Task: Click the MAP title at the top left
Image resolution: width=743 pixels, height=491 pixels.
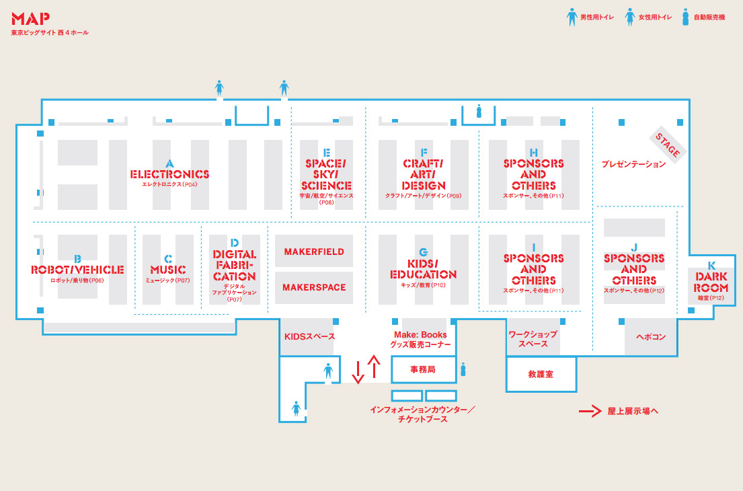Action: click(30, 19)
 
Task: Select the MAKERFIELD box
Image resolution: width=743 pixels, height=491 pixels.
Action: click(314, 252)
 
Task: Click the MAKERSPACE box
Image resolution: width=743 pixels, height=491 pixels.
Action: click(314, 287)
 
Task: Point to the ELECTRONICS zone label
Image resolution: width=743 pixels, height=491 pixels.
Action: click(169, 174)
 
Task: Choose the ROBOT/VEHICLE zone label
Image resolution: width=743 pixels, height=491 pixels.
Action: click(77, 270)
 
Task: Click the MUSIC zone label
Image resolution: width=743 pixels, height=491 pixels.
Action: click(168, 270)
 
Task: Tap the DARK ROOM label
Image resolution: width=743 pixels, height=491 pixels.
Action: click(711, 282)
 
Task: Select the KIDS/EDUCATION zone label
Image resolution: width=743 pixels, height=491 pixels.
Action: click(423, 269)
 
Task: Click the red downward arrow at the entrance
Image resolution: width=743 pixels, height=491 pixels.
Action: click(358, 371)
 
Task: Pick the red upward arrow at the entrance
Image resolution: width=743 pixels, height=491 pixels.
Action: click(375, 366)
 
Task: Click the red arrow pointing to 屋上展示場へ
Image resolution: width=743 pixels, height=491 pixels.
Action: click(590, 411)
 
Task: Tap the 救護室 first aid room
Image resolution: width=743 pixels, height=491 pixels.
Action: click(541, 374)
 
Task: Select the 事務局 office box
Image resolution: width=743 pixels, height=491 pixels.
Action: click(423, 369)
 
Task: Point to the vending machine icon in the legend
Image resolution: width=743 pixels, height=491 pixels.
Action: click(685, 17)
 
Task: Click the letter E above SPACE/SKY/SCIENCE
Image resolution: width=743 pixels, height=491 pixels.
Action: click(327, 152)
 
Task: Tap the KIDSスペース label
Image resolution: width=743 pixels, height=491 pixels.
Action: click(309, 336)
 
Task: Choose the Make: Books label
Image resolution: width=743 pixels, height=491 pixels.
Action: click(420, 335)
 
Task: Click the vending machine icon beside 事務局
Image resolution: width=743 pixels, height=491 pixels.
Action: click(463, 369)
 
